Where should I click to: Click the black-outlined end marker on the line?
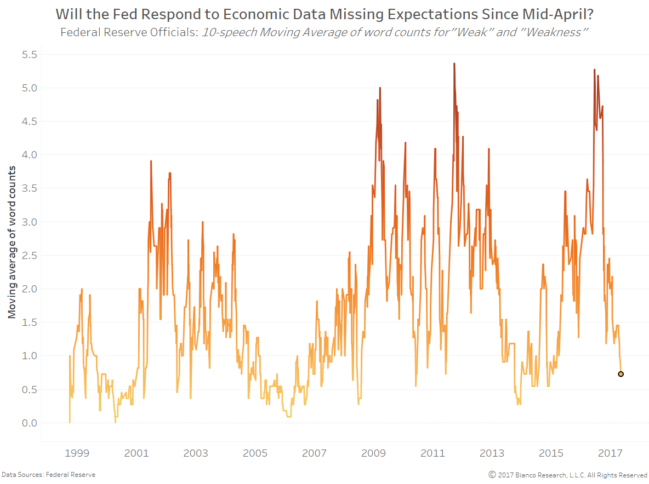pos(620,374)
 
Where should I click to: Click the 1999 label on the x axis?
pos(77,453)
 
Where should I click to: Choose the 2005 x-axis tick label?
pos(255,453)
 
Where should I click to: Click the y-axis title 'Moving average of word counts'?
pos(12,241)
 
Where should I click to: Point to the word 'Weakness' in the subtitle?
pos(554,32)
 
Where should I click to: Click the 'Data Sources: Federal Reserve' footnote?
pos(48,475)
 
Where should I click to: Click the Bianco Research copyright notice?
pos(568,475)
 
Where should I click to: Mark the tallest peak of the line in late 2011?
pos(454,64)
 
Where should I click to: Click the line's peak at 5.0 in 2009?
pos(380,88)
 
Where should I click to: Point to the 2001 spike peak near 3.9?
pos(151,161)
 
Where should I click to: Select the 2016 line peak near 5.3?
pos(594,70)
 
